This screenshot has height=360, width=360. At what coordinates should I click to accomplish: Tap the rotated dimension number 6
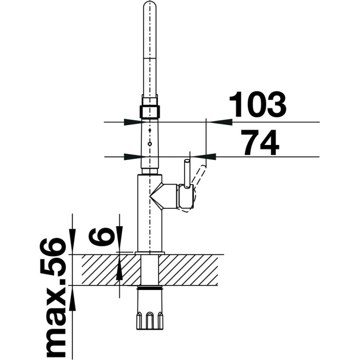point(101,238)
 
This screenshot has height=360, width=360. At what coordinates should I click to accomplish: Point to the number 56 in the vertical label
point(53,257)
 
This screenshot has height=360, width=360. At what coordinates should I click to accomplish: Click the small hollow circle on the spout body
point(150,144)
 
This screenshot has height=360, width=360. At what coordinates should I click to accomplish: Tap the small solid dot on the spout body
point(150,130)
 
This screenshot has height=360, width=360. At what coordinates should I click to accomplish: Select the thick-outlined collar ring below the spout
point(150,112)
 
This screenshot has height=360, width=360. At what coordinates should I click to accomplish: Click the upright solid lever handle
point(187,174)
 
